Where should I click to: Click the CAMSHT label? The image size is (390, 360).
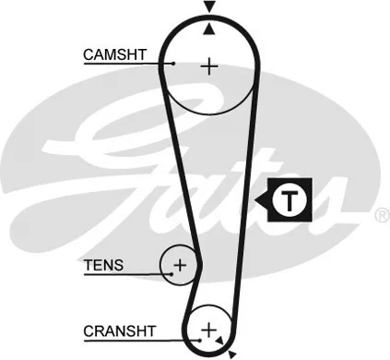(x=112, y=54)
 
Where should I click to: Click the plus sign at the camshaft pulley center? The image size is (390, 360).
(x=210, y=66)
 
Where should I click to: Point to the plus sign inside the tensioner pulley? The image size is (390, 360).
(x=180, y=266)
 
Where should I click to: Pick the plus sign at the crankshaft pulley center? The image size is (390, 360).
(x=208, y=329)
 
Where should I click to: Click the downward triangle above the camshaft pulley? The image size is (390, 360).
(x=210, y=7)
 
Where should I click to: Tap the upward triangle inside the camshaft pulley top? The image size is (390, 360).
(x=210, y=28)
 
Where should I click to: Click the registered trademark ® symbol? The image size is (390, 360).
(x=381, y=215)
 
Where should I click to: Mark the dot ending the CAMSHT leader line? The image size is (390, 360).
(x=173, y=63)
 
